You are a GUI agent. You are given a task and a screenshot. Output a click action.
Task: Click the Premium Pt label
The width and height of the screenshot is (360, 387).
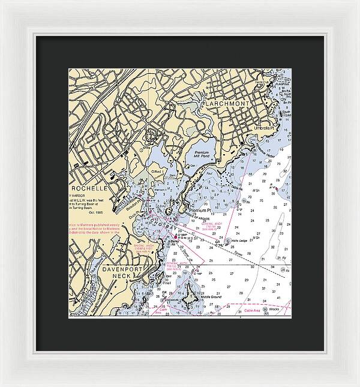tap(200, 210)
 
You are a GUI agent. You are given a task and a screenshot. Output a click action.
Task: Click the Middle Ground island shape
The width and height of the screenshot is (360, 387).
tap(191, 295)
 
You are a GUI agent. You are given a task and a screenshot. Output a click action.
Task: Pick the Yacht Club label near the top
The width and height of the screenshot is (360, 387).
tap(262, 82)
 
